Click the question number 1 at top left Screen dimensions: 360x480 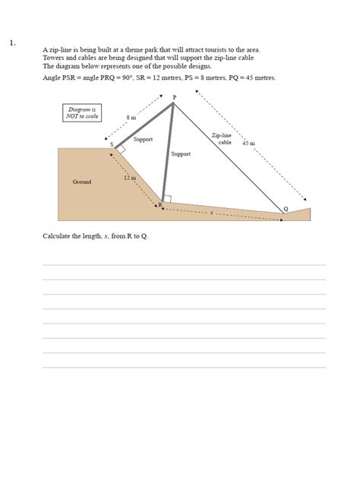[12, 43]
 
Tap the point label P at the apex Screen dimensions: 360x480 [174, 97]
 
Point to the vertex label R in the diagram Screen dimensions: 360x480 [159, 205]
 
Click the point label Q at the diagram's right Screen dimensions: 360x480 [286, 208]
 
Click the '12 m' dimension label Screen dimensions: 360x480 [129, 178]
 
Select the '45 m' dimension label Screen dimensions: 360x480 [248, 142]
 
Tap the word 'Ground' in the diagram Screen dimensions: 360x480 [82, 182]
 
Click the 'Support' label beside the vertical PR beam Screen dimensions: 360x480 [181, 153]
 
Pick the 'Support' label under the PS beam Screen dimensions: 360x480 [143, 140]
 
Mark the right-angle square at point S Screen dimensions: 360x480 [120, 150]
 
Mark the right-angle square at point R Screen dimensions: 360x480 [167, 199]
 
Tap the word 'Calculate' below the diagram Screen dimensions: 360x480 [56, 236]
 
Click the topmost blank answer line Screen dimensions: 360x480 [184, 264]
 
